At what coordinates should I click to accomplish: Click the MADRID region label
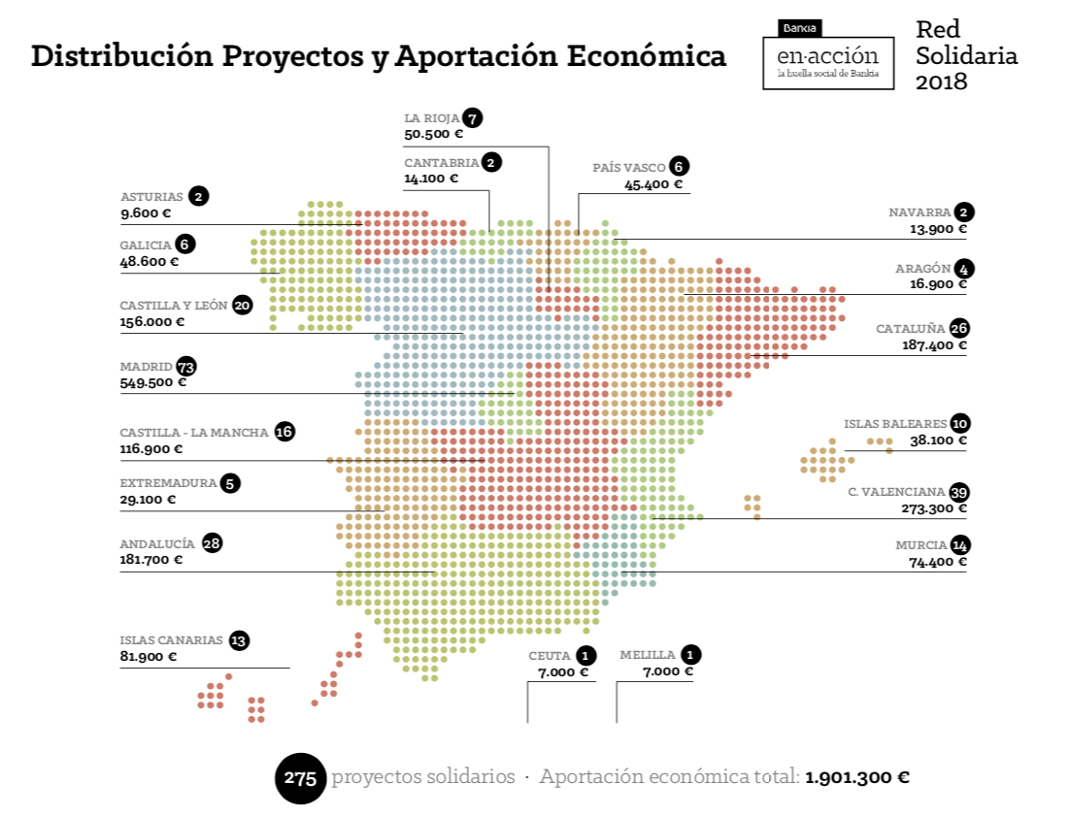click(x=146, y=367)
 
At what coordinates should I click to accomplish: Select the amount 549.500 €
click(x=152, y=382)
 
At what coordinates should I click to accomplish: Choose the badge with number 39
click(x=959, y=491)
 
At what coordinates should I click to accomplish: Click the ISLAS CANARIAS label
click(x=171, y=640)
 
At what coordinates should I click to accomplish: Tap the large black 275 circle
click(x=301, y=778)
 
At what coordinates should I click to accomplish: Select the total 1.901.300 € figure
click(x=857, y=777)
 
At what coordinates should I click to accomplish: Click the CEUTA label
click(x=550, y=655)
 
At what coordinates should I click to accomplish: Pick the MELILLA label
click(x=648, y=655)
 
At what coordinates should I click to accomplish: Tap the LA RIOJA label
click(x=431, y=118)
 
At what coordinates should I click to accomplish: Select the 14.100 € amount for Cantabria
click(x=431, y=179)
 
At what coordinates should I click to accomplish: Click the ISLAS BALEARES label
click(x=894, y=424)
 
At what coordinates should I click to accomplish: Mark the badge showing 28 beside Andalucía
click(x=212, y=543)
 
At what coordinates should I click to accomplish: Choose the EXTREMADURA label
click(x=167, y=482)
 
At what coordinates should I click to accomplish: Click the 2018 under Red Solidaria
click(x=942, y=82)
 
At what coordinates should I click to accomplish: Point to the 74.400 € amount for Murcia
click(x=938, y=561)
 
